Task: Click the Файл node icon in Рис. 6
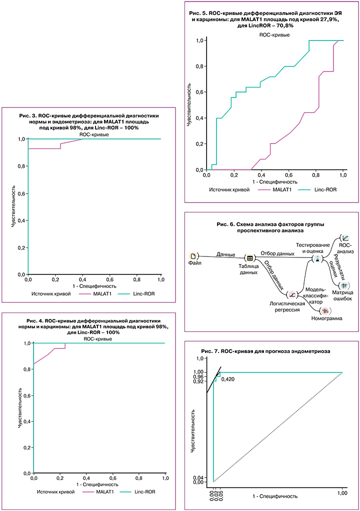(x=193, y=256)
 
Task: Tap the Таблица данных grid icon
(x=250, y=258)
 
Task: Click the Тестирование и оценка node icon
(x=316, y=259)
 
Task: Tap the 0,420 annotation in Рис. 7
(x=228, y=380)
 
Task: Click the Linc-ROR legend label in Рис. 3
(x=143, y=294)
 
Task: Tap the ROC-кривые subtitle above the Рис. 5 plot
(x=274, y=34)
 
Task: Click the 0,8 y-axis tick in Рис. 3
(x=21, y=166)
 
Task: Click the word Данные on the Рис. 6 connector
(x=226, y=254)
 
